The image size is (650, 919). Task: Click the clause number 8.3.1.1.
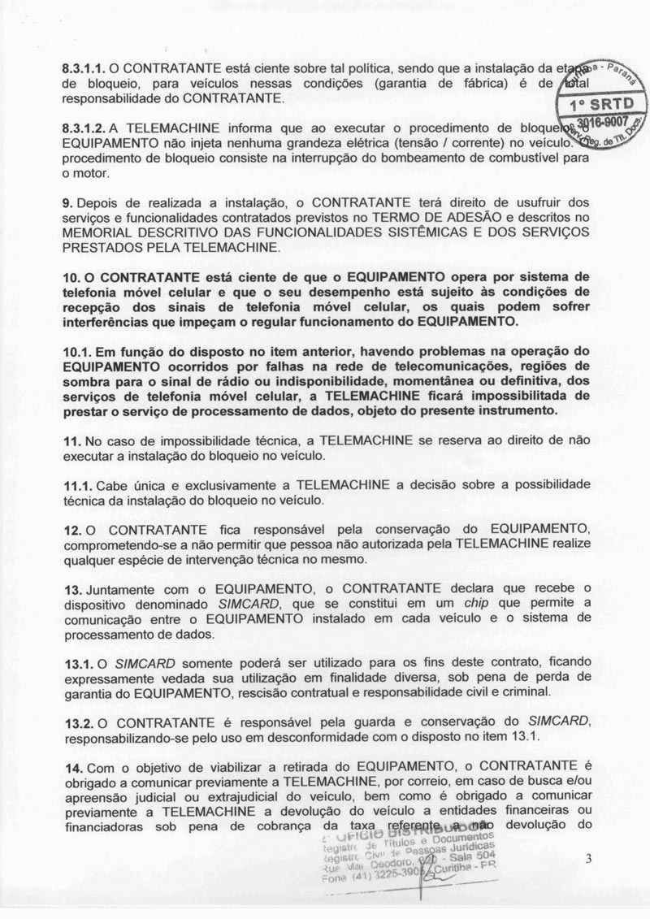click(84, 70)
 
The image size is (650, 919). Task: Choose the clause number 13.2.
click(80, 723)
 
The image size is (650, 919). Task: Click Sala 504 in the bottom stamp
click(469, 855)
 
